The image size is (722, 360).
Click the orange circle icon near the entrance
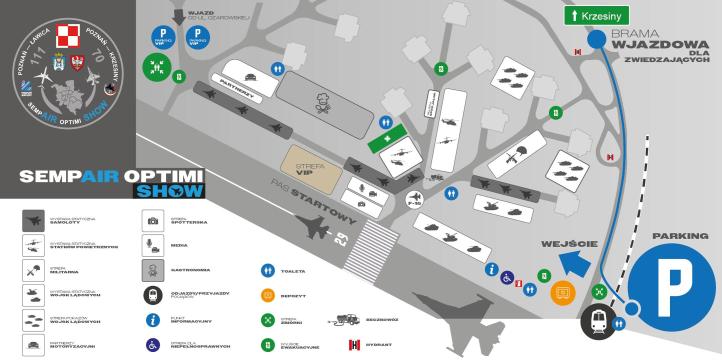click(561, 293)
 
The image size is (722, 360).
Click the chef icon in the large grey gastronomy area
click(324, 103)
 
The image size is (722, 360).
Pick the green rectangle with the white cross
click(389, 140)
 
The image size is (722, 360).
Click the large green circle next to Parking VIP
click(156, 67)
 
